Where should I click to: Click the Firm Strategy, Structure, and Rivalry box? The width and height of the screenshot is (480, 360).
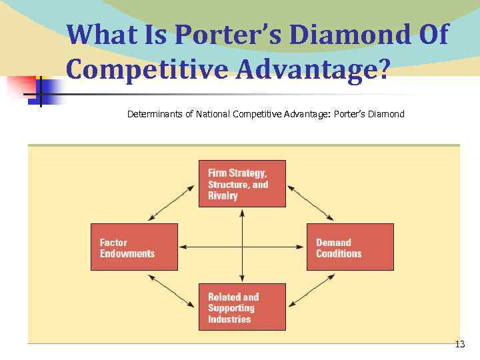click(241, 183)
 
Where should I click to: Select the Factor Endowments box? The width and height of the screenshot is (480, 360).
click(134, 247)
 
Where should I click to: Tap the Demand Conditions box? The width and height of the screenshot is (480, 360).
click(350, 247)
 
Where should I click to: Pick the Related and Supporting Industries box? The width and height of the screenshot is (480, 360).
click(241, 307)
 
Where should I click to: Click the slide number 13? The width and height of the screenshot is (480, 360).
click(459, 345)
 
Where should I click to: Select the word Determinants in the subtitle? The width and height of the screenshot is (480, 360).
click(155, 114)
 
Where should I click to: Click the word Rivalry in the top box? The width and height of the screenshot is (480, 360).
click(223, 196)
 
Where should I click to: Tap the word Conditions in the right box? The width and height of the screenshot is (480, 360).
click(339, 253)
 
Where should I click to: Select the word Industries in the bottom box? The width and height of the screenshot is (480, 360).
click(229, 319)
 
